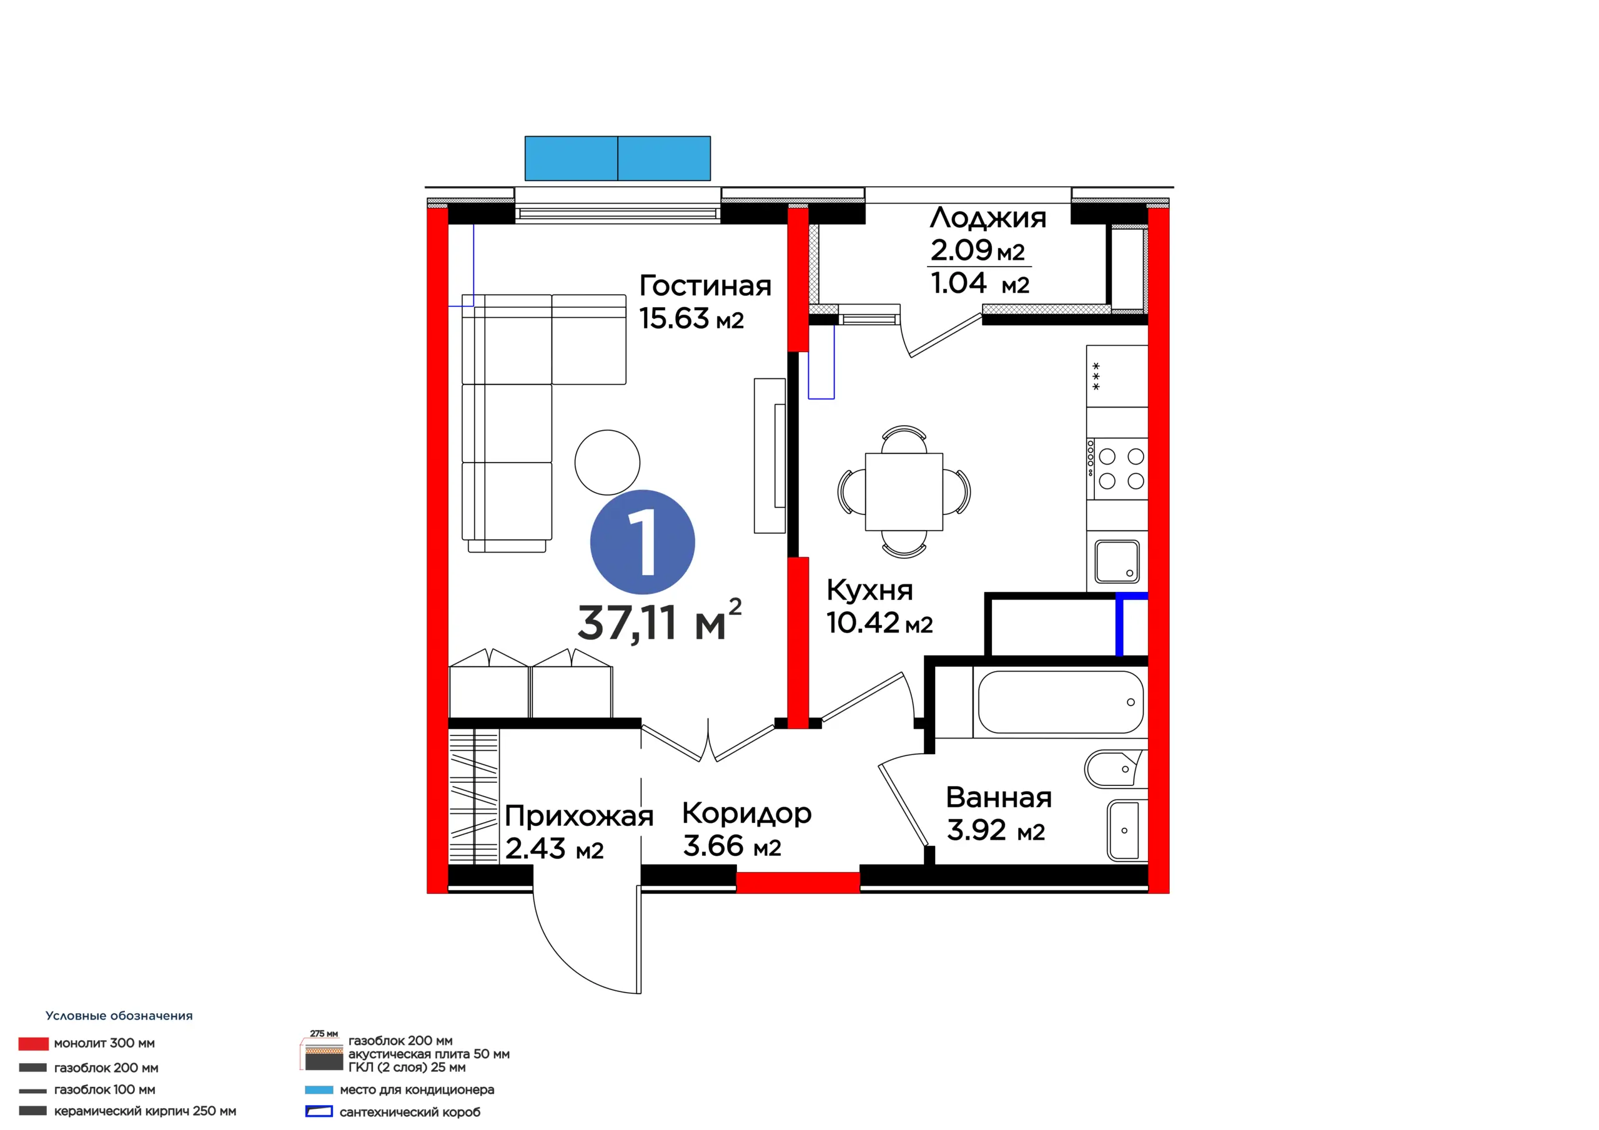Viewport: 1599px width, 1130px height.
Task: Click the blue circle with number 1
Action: (x=642, y=543)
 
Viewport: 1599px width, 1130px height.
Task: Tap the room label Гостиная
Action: (x=705, y=286)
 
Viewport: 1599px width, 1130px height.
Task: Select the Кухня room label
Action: (x=869, y=591)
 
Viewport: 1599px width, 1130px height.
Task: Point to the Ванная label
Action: (x=999, y=798)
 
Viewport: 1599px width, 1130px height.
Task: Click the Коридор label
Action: (x=746, y=814)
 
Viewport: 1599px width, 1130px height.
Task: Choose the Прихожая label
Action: (x=579, y=817)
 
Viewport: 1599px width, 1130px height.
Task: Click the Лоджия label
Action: (x=988, y=219)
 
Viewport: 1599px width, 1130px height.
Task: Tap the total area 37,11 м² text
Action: (x=659, y=621)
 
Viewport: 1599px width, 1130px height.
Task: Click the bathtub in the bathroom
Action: (x=1060, y=702)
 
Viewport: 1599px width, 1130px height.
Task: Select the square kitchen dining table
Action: (x=904, y=491)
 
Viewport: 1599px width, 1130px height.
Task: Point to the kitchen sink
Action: (x=1117, y=562)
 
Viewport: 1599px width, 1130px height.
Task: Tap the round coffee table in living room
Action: (x=607, y=463)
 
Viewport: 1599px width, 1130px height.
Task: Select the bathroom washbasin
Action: (x=1123, y=830)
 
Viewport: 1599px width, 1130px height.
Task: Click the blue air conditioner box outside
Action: (x=618, y=159)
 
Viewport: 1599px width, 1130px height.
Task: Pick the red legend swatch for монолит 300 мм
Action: (x=34, y=1044)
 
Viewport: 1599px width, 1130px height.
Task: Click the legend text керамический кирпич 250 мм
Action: (x=145, y=1111)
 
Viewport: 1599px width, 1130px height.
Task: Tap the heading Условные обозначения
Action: (x=119, y=1016)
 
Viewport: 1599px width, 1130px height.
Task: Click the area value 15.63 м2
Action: (x=691, y=319)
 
